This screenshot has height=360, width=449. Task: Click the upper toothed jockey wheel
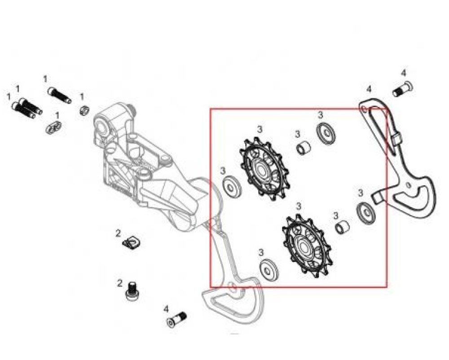pyautogui.click(x=264, y=169)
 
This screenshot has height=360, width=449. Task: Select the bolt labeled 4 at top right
pyautogui.click(x=403, y=89)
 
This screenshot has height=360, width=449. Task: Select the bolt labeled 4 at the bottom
pyautogui.click(x=176, y=320)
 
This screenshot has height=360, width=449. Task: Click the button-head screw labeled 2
pyautogui.click(x=132, y=291)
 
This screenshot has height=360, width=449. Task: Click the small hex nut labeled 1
pyautogui.click(x=84, y=110)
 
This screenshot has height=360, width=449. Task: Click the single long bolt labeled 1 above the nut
pyautogui.click(x=60, y=95)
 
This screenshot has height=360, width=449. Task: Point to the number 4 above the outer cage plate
pyautogui.click(x=369, y=89)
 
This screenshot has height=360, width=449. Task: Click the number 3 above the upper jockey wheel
pyautogui.click(x=260, y=129)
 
